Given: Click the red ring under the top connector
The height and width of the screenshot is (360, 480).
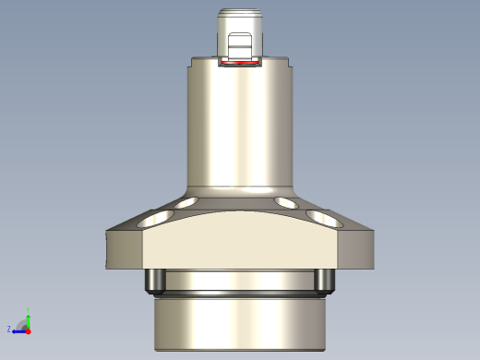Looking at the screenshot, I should (x=240, y=64).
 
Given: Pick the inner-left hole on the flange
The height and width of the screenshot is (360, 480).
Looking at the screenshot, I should (x=187, y=202).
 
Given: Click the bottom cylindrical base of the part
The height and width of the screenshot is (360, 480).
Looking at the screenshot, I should (x=240, y=323).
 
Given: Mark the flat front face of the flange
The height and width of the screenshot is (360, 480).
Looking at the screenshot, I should (x=240, y=242).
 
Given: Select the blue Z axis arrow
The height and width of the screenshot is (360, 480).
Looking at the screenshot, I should (x=18, y=329).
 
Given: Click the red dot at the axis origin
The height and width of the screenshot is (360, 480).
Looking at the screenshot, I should (x=29, y=329).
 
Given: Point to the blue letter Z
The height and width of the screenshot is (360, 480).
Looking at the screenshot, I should (x=9, y=329).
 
